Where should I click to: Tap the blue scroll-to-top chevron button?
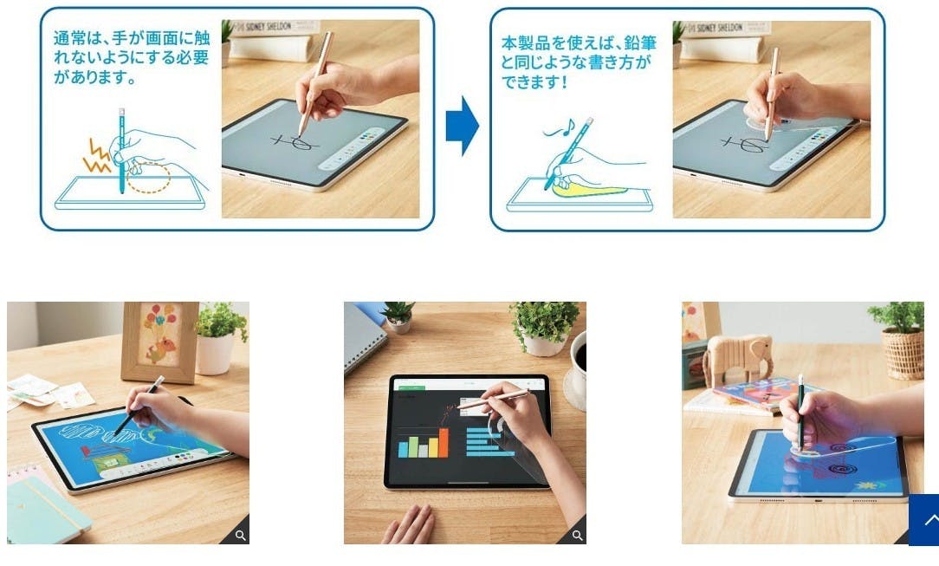924,520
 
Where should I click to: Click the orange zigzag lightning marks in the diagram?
96,157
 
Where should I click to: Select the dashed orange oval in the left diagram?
148,178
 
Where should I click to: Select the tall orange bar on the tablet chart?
444,443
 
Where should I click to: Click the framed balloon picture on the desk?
160,342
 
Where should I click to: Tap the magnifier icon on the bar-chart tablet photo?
577,536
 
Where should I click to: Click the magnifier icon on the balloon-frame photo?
240,536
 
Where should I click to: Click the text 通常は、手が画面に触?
132,38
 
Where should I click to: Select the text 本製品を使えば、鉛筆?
580,42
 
